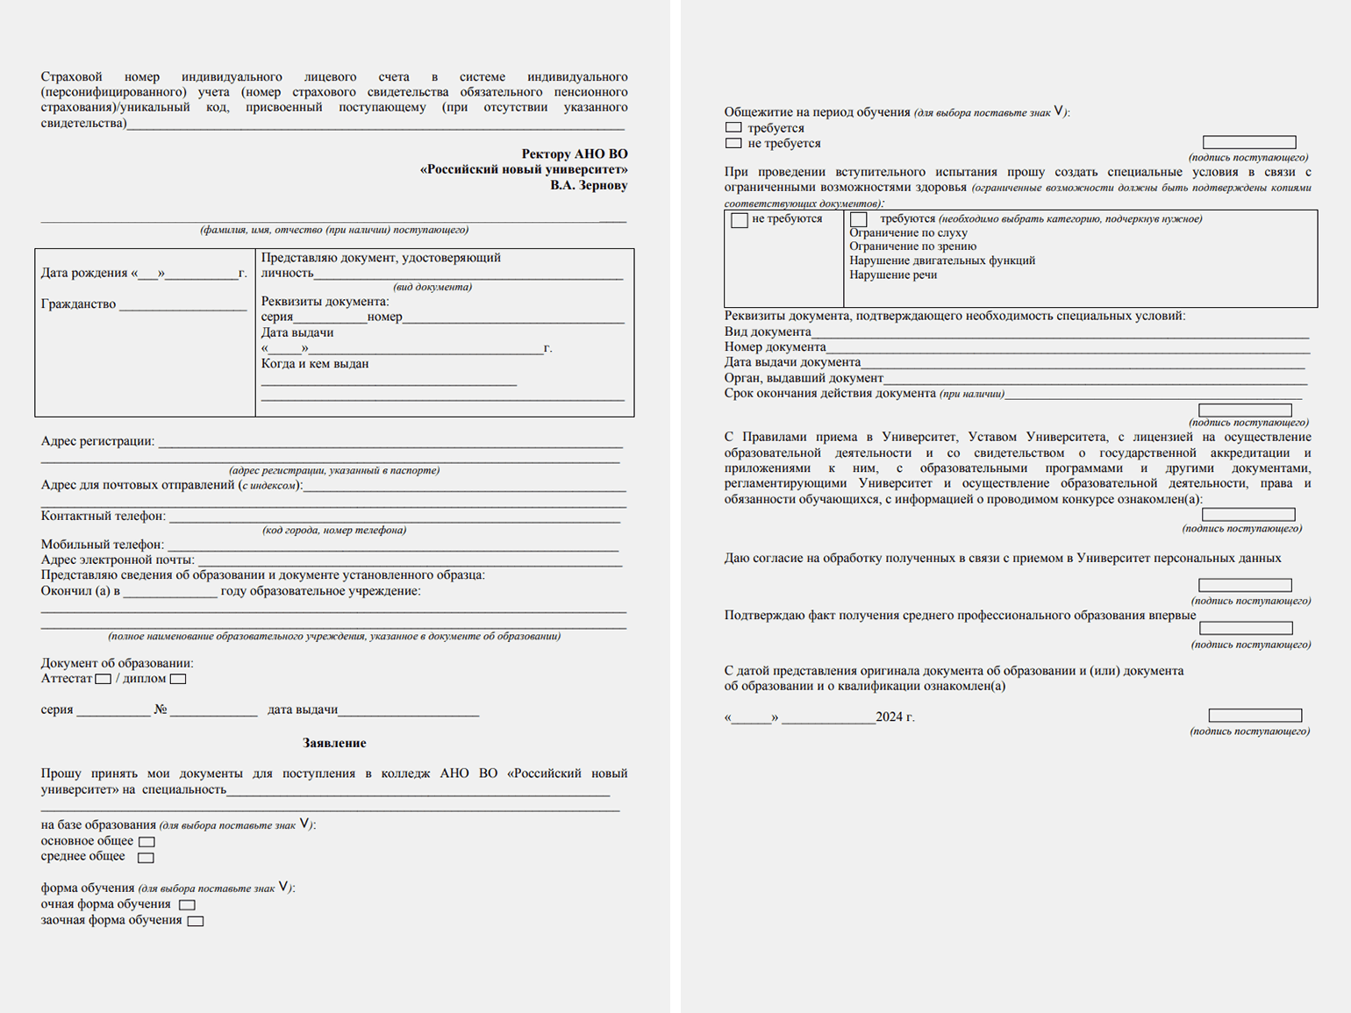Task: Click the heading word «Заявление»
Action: [334, 743]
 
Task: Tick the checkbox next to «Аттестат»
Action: [104, 679]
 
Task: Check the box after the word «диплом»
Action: [178, 679]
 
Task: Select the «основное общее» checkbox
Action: [147, 842]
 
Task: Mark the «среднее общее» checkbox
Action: [146, 858]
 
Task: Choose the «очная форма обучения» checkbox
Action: [187, 905]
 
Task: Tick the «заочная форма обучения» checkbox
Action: [196, 921]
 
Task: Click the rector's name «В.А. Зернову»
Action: [589, 185]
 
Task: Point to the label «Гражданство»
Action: [78, 304]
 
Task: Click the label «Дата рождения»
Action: [84, 273]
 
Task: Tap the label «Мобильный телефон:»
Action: [103, 545]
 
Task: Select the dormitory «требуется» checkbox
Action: [734, 128]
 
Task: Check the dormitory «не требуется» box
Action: [734, 143]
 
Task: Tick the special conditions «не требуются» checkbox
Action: [740, 220]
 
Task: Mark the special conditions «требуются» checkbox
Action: [859, 219]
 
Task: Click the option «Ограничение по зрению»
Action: [912, 246]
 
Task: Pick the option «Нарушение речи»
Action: [893, 275]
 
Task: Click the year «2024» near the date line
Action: [889, 717]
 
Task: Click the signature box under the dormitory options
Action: [1249, 142]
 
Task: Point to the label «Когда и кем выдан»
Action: [315, 364]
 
